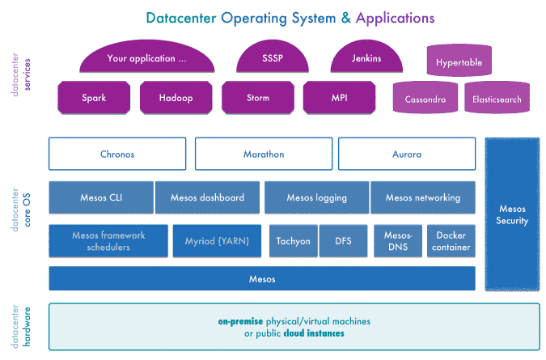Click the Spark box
(x=94, y=98)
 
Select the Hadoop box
(x=176, y=98)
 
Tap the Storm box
(x=257, y=98)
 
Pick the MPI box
(x=339, y=98)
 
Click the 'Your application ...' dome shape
(x=146, y=60)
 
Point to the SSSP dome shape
(x=273, y=60)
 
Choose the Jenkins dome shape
(x=366, y=60)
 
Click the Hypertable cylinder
(x=459, y=61)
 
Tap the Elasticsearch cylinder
(x=497, y=99)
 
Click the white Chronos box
(x=116, y=154)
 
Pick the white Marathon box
(x=264, y=154)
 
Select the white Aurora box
(x=406, y=154)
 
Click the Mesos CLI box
(x=100, y=197)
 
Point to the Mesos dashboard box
(x=207, y=197)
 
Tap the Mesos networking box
(x=422, y=197)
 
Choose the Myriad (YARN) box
(x=216, y=241)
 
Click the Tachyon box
(x=293, y=241)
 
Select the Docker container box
(x=451, y=241)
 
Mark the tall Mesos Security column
(x=512, y=214)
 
